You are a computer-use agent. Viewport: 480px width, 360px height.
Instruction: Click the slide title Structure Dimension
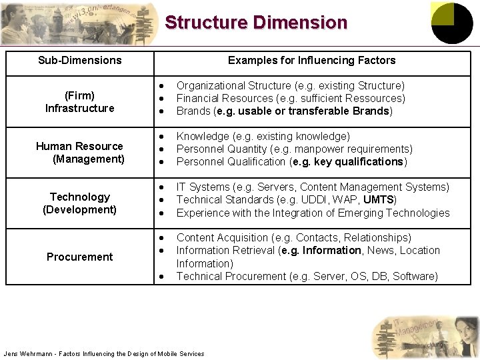pos(256,23)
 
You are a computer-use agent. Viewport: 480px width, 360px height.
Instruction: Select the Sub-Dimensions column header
pos(80,61)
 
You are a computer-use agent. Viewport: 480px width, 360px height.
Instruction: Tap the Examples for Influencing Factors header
pos(311,61)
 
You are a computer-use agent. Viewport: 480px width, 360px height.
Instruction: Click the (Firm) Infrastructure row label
pos(80,101)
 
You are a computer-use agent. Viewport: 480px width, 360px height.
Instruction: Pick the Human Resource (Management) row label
pos(80,153)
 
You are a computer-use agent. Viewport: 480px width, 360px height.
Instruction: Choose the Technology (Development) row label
pos(80,203)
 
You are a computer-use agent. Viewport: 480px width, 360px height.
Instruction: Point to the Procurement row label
pos(80,257)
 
